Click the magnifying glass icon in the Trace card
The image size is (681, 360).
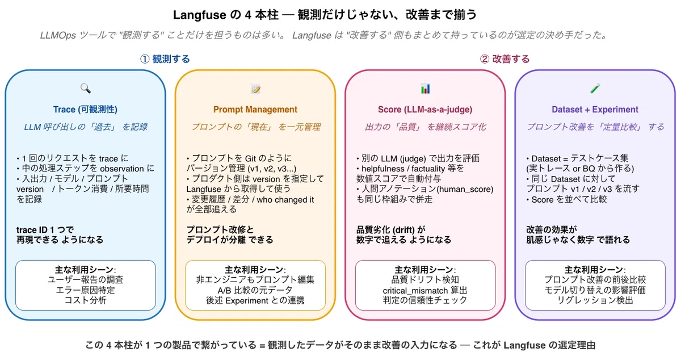pyautogui.click(x=86, y=88)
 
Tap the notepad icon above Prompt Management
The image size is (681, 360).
pyautogui.click(x=256, y=89)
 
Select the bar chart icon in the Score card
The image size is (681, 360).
pyautogui.click(x=425, y=89)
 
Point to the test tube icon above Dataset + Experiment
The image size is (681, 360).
pyautogui.click(x=595, y=88)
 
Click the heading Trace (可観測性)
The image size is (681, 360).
pyautogui.click(x=85, y=109)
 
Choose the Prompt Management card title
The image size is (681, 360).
pyautogui.click(x=255, y=109)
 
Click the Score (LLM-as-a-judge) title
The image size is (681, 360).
pyautogui.click(x=425, y=109)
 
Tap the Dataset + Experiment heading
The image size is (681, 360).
pyautogui.click(x=595, y=109)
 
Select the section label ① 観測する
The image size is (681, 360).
pyautogui.click(x=165, y=58)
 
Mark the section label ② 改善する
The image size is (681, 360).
pyautogui.click(x=505, y=58)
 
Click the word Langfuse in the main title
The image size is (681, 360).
pyautogui.click(x=200, y=15)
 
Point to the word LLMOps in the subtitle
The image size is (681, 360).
pyautogui.click(x=58, y=35)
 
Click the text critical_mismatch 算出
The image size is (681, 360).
pyautogui.click(x=424, y=290)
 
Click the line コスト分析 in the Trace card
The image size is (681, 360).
pyautogui.click(x=86, y=300)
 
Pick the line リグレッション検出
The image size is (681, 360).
pyautogui.click(x=595, y=300)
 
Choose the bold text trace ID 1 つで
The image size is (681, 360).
pyautogui.click(x=45, y=229)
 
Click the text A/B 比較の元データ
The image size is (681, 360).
pyautogui.click(x=255, y=290)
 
